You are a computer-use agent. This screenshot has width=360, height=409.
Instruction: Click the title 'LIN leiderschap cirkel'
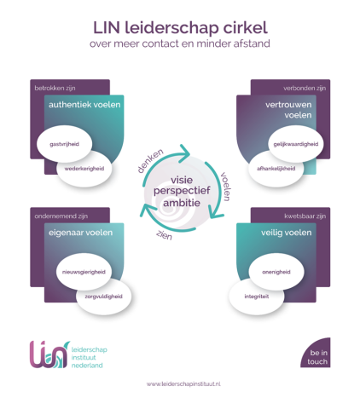[180, 27]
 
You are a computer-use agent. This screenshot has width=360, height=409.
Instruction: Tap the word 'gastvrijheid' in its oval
[64, 144]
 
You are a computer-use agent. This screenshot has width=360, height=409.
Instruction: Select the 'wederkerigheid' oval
[84, 169]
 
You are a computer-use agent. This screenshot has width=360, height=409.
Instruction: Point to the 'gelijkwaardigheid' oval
[296, 144]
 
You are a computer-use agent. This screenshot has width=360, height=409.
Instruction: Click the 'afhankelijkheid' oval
[276, 169]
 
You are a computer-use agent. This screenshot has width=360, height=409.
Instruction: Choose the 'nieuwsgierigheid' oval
[84, 272]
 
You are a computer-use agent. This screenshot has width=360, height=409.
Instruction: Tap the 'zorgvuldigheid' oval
[103, 297]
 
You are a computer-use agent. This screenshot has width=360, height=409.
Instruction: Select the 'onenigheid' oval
[276, 272]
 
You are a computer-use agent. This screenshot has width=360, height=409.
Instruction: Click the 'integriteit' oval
[257, 297]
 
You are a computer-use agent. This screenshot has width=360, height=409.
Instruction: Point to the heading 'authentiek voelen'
[84, 105]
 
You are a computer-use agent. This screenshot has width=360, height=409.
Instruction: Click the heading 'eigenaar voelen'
[80, 233]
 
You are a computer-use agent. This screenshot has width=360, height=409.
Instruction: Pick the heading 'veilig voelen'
[287, 233]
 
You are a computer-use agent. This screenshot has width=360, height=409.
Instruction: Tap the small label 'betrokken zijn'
[55, 89]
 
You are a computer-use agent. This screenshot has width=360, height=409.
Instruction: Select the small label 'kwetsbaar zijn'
[305, 216]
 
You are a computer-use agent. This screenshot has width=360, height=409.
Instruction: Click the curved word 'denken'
[150, 160]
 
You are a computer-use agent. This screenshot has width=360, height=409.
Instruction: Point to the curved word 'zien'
[165, 235]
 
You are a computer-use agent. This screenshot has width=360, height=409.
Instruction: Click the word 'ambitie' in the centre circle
[182, 203]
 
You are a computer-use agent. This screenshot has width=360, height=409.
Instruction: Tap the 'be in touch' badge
[317, 353]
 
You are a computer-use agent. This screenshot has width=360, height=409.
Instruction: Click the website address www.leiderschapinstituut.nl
[183, 384]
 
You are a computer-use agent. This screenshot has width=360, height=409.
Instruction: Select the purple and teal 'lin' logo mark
[49, 354]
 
